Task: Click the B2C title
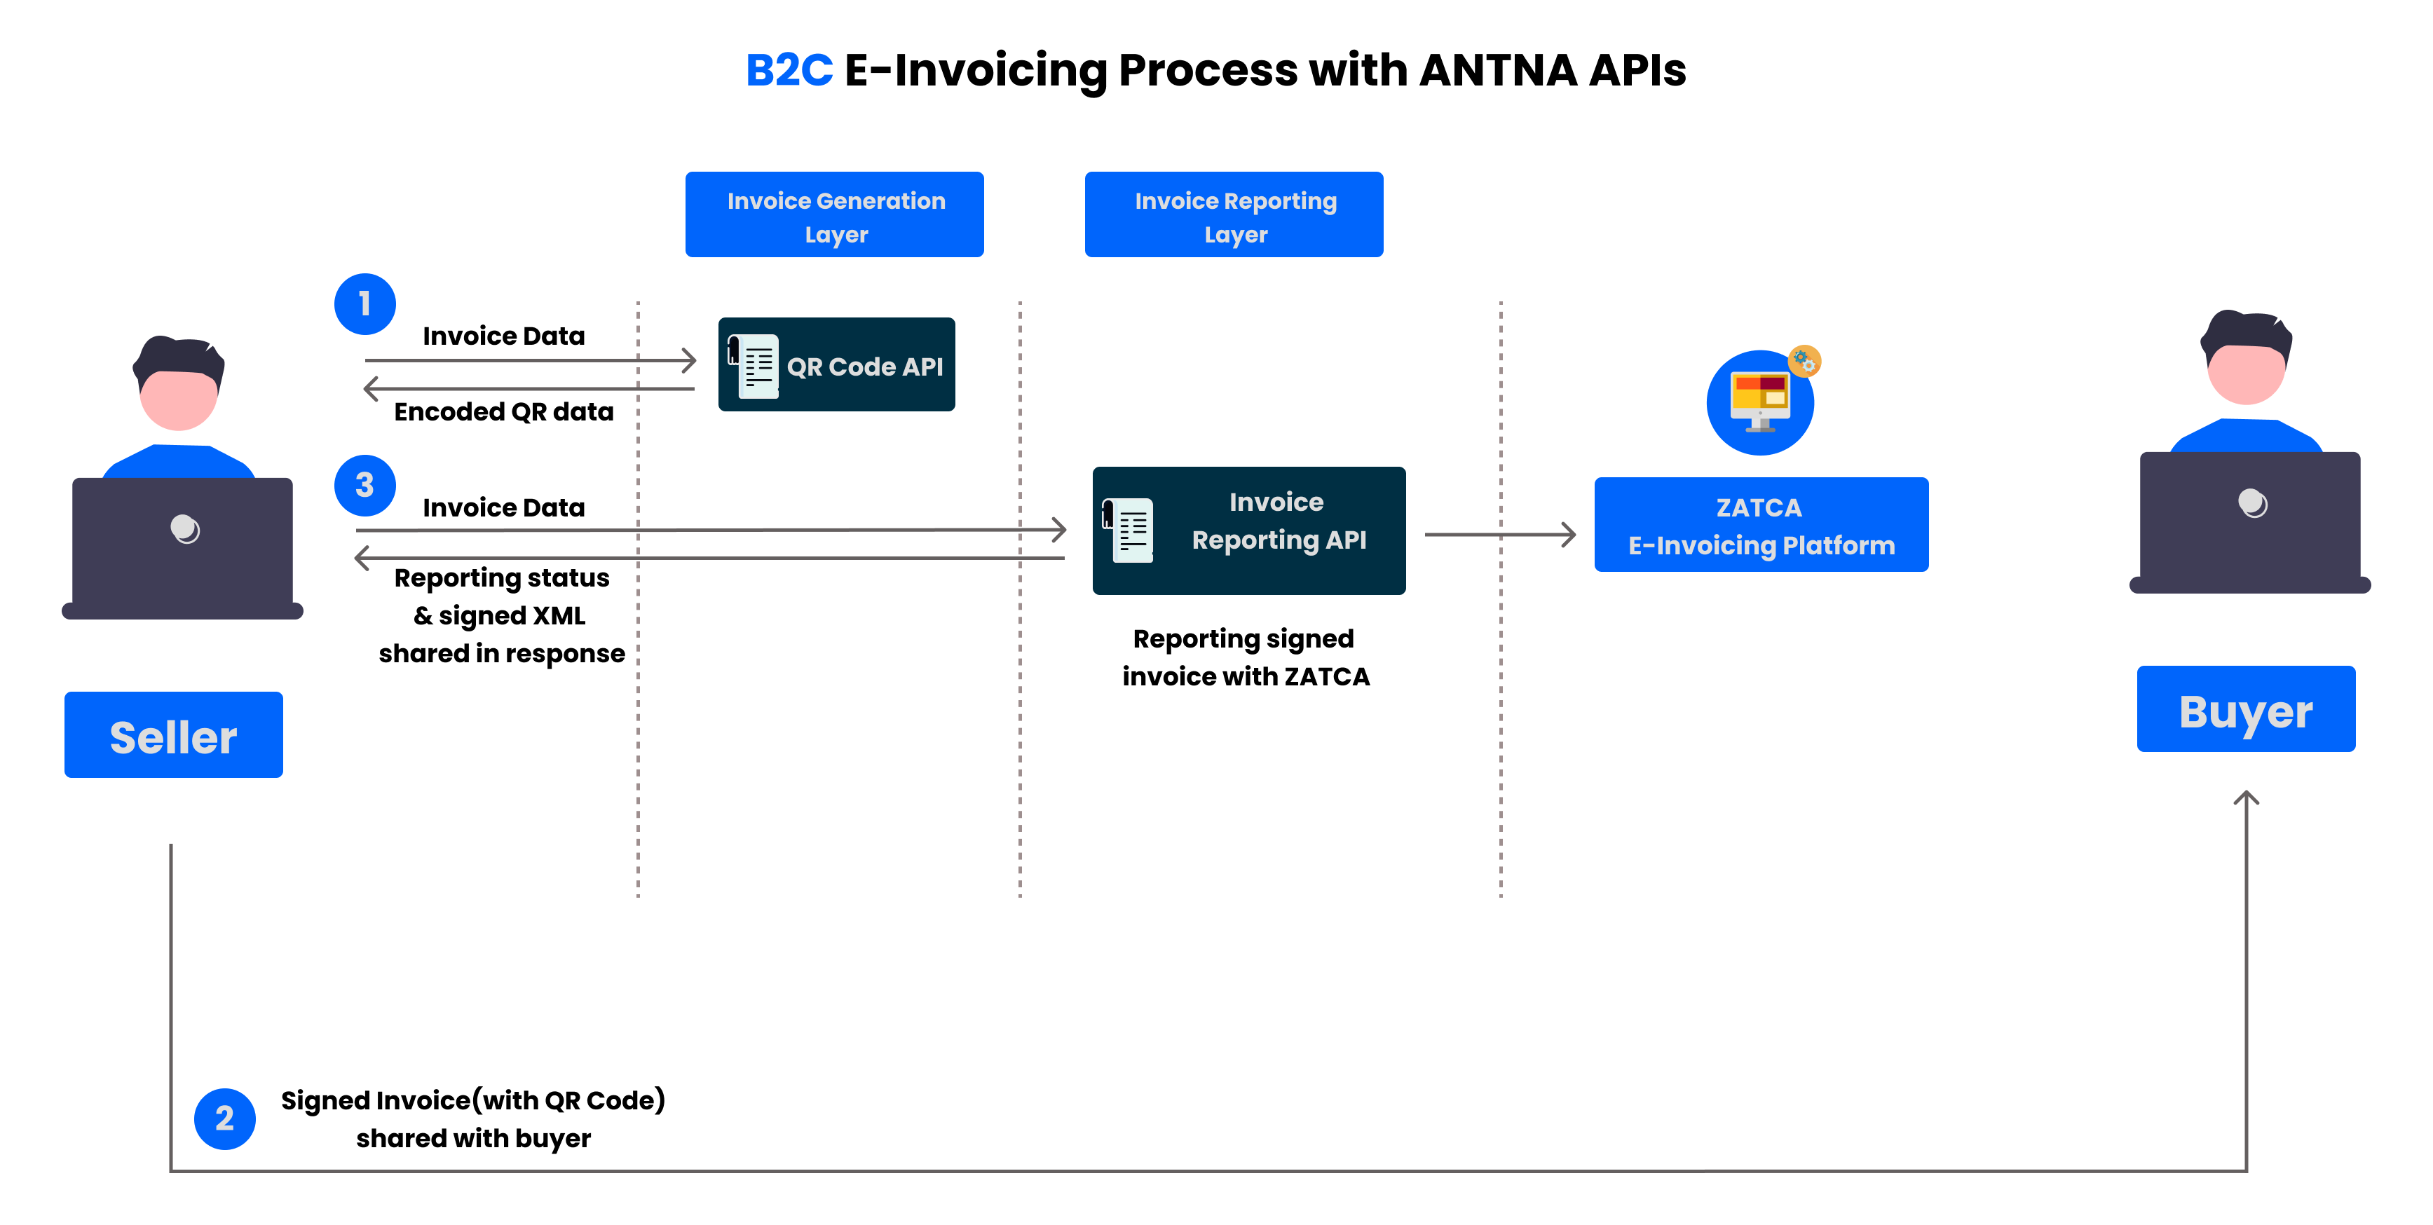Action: click(789, 70)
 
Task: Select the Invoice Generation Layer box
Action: click(835, 215)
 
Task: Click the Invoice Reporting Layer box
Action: click(1234, 215)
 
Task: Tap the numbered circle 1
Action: click(364, 304)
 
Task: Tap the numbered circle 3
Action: click(364, 486)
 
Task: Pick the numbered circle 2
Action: click(225, 1118)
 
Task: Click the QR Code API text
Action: click(864, 367)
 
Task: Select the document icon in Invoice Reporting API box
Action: click(1128, 530)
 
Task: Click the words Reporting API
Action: click(1279, 540)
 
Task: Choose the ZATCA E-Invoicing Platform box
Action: click(1761, 525)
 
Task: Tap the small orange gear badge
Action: click(1804, 361)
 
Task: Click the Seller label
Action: click(174, 736)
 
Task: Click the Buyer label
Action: click(2246, 710)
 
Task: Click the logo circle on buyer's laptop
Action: click(2253, 503)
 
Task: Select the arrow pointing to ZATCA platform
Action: click(1501, 535)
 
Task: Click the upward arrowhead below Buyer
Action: click(2246, 799)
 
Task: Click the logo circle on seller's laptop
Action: click(185, 529)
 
